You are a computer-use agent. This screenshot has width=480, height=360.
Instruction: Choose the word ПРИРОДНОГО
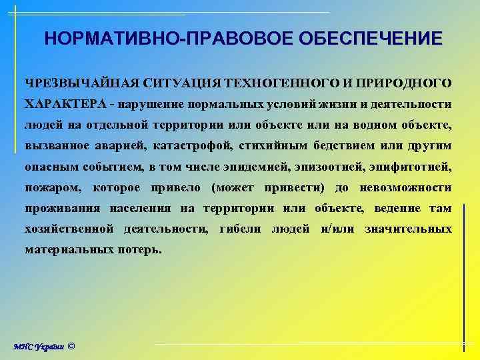click(407, 83)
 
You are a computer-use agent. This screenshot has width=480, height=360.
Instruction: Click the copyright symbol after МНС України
click(72, 346)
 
